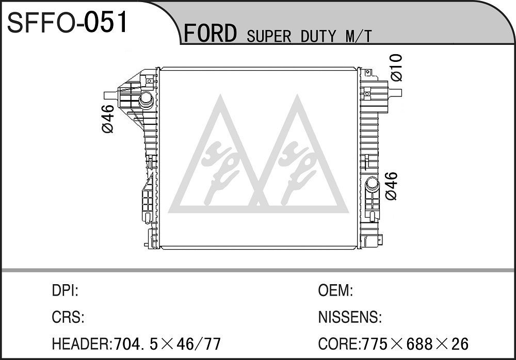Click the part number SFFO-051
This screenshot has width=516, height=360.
coord(68,22)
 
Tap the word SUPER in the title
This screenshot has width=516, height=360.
coord(269,36)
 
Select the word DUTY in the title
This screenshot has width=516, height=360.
coord(318,36)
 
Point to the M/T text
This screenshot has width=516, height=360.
coord(358,36)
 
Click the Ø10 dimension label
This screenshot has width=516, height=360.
coord(397,68)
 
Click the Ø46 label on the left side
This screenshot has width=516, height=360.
coord(108,119)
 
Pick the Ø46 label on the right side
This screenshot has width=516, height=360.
coord(391,186)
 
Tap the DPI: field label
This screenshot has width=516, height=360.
coord(65,290)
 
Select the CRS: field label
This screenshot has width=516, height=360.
coord(68,317)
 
